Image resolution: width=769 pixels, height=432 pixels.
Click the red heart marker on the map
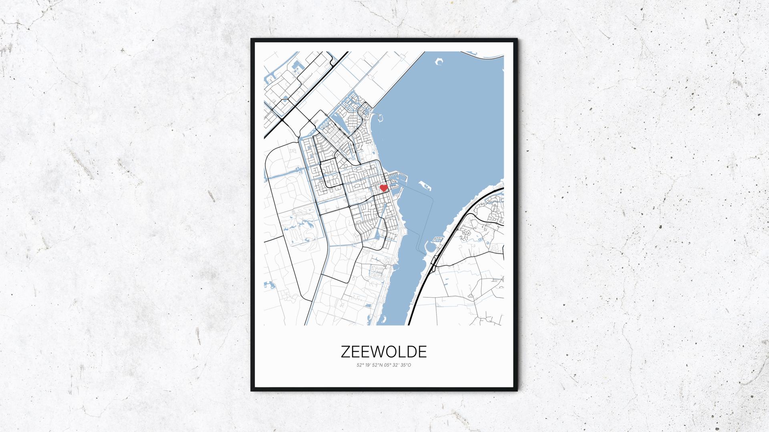[383, 188]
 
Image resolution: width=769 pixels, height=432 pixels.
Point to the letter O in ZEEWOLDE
[390, 351]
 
